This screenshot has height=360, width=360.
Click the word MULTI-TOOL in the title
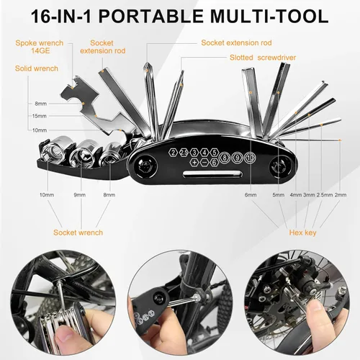coord(269,16)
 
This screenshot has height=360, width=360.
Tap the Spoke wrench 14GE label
coord(40,47)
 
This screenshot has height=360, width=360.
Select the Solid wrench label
coord(37,68)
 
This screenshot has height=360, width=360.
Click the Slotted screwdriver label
coord(263,58)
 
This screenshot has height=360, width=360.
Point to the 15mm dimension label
coord(40,116)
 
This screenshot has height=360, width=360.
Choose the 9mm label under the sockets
coord(80,195)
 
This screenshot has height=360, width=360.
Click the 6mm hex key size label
coord(251,195)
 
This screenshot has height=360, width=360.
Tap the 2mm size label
coord(341,195)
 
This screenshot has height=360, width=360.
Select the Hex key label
coord(302,233)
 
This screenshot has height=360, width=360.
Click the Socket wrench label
coord(78,233)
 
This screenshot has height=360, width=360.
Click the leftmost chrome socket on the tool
coord(55,149)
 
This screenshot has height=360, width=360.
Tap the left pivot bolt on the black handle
coord(144,166)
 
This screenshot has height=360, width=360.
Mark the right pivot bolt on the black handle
coord(280,166)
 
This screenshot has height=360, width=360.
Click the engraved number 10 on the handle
coord(250,158)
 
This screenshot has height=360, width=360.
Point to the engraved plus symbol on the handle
coord(194,163)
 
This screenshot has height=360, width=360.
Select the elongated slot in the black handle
coord(212,174)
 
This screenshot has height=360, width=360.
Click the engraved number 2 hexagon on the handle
coord(174,153)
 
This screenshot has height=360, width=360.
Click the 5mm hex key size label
coord(279,195)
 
